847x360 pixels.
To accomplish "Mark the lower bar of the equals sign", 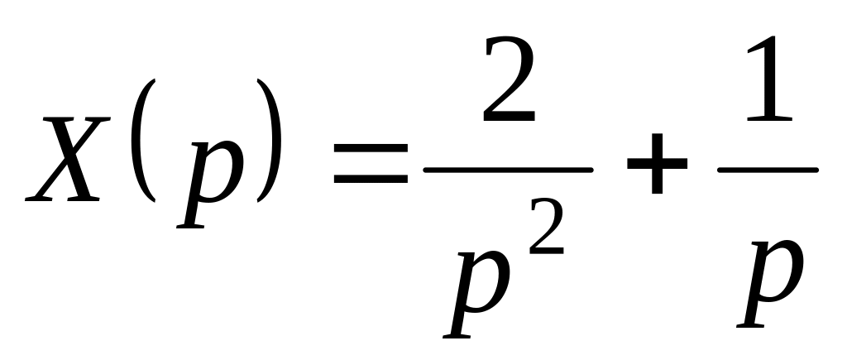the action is pyautogui.click(x=371, y=180).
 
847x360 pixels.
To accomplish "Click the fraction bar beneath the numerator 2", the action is pyautogui.click(x=507, y=170).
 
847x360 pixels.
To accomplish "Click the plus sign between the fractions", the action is pyautogui.click(x=655, y=170).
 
